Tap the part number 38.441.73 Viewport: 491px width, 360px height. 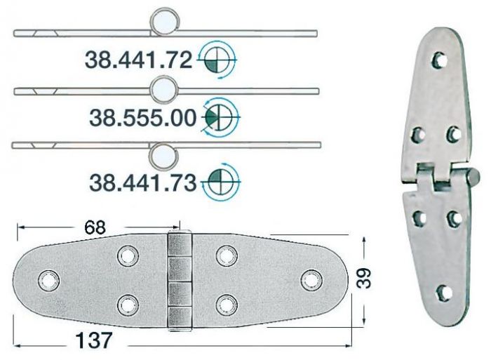click(142, 182)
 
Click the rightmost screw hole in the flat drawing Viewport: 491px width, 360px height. click(310, 279)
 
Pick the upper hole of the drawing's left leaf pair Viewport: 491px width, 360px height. click(128, 255)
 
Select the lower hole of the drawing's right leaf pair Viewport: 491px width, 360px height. click(224, 303)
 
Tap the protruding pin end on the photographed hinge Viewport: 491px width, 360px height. click(474, 173)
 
